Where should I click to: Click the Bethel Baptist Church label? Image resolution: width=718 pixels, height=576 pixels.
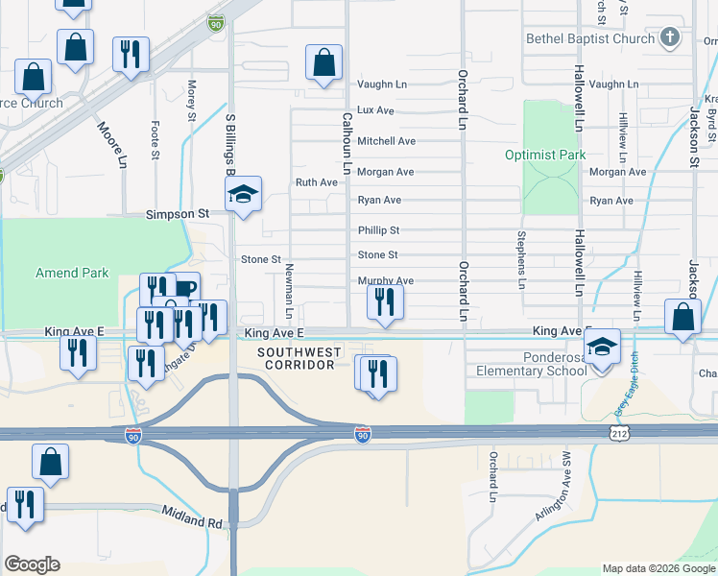tap(589, 39)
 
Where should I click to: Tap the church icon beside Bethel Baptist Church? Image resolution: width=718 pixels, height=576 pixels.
tap(670, 39)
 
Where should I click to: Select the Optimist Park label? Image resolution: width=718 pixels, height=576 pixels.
tap(544, 155)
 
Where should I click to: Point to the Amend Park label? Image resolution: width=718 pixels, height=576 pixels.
tap(72, 273)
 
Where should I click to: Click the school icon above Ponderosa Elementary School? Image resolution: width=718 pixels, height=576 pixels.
tap(602, 347)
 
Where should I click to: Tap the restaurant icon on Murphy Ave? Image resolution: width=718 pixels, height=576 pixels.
tap(385, 302)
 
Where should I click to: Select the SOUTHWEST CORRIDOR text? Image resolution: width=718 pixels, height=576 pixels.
tap(300, 358)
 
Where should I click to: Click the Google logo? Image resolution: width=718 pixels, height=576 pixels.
tap(32, 564)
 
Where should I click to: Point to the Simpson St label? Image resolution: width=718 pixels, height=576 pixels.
tap(177, 214)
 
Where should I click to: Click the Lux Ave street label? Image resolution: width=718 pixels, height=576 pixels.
tap(375, 110)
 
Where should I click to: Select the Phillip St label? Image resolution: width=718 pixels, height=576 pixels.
tap(378, 230)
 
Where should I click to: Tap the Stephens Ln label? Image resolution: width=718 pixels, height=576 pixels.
tap(522, 259)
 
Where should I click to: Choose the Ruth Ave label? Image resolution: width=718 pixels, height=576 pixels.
tap(317, 182)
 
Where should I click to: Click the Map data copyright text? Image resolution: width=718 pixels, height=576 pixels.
tap(658, 568)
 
